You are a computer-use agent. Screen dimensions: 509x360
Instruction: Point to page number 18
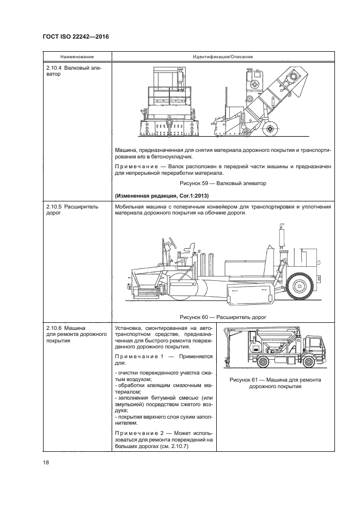[x=46, y=463]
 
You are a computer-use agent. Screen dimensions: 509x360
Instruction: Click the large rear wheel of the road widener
[x=299, y=285]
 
